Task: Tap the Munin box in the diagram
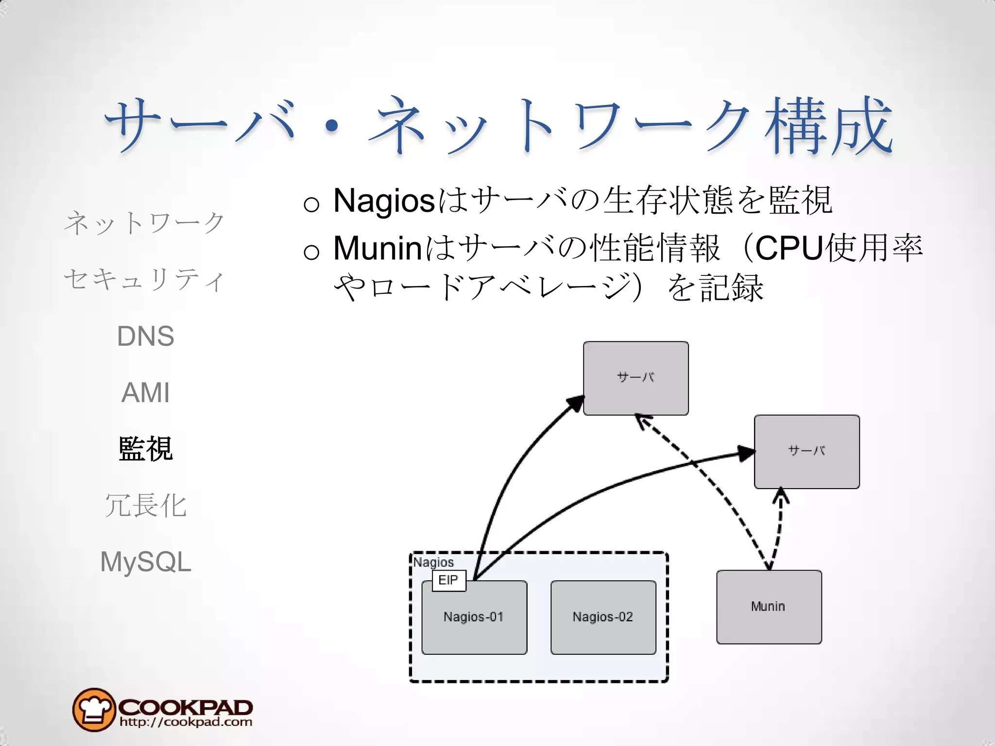click(x=769, y=607)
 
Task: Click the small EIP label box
click(x=448, y=580)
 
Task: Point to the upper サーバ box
click(x=635, y=378)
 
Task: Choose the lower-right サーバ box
click(x=806, y=452)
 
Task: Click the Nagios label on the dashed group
click(x=433, y=562)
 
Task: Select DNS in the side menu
click(x=145, y=336)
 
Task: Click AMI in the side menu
click(x=145, y=392)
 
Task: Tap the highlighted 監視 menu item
click(x=145, y=449)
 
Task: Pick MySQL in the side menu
click(x=145, y=562)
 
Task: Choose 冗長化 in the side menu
click(x=145, y=505)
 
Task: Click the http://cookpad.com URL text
click(x=186, y=722)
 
